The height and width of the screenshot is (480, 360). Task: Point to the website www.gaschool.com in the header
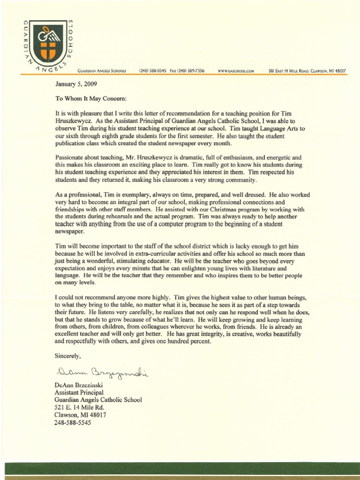[236, 71]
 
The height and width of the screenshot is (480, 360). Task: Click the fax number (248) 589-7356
[192, 71]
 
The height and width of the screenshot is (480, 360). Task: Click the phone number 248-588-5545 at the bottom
[73, 422]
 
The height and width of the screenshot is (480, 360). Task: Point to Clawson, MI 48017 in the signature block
[80, 415]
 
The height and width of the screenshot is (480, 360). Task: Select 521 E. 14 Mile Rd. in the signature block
[79, 407]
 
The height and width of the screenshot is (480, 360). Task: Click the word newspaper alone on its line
[70, 232]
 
